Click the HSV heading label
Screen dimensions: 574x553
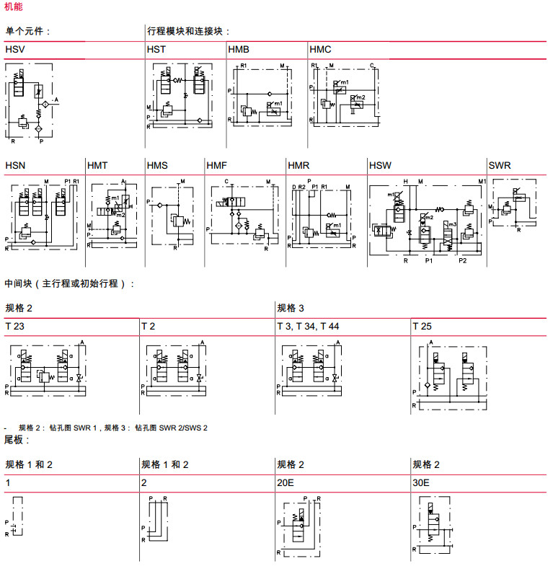point(15,49)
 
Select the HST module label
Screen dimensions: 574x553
point(156,49)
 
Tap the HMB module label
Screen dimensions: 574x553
point(239,49)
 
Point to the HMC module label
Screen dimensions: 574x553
point(320,49)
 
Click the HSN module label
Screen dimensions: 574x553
point(15,165)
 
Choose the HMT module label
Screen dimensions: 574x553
point(97,165)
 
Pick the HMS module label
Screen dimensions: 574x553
point(157,165)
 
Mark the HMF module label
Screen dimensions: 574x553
point(216,165)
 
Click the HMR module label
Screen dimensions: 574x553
point(298,165)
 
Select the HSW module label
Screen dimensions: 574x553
point(381,165)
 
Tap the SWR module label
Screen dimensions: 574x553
point(500,165)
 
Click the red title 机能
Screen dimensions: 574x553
point(13,6)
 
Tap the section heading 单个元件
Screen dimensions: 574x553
point(27,31)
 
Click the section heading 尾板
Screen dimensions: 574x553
point(16,439)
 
